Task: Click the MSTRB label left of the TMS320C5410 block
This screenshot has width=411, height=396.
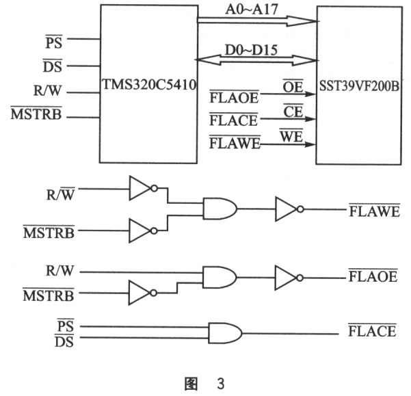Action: pyautogui.click(x=36, y=114)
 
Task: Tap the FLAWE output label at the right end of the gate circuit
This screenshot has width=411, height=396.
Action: pyautogui.click(x=373, y=210)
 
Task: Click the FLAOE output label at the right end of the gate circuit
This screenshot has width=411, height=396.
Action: pyautogui.click(x=373, y=277)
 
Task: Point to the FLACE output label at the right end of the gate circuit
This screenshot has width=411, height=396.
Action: pyautogui.click(x=373, y=332)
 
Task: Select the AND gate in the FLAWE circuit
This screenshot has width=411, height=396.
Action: pyautogui.click(x=220, y=209)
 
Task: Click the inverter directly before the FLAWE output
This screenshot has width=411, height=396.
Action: pyautogui.click(x=287, y=209)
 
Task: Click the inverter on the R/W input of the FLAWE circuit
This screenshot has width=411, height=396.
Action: pyautogui.click(x=142, y=187)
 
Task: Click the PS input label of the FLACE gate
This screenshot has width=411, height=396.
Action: pyautogui.click(x=66, y=323)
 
